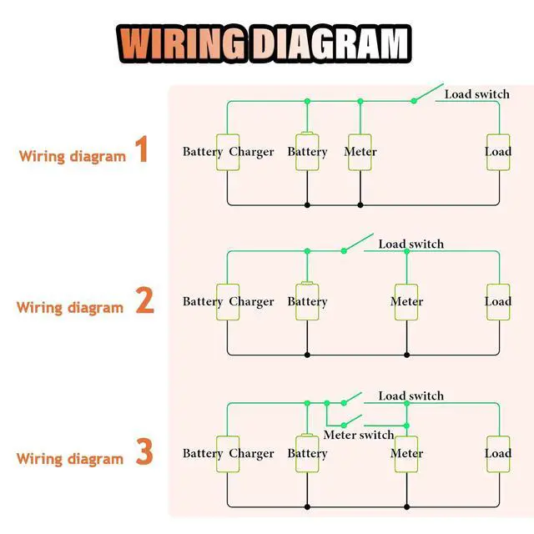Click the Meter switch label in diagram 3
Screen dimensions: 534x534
click(x=359, y=435)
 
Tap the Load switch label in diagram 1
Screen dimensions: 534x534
click(x=477, y=94)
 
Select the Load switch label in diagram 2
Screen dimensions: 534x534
click(x=411, y=244)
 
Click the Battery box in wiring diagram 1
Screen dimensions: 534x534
click(x=307, y=152)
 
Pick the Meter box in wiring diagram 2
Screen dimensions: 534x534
click(x=406, y=302)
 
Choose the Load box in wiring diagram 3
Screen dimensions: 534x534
click(x=498, y=454)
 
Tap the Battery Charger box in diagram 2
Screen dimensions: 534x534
click(x=228, y=302)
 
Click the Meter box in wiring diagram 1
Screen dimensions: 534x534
click(x=360, y=152)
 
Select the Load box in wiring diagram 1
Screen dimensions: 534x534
click(x=498, y=152)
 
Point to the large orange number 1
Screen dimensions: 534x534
click(x=142, y=149)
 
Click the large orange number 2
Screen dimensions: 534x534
click(x=144, y=300)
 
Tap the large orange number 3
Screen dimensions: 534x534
click(x=144, y=451)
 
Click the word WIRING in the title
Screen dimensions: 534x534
click(x=182, y=44)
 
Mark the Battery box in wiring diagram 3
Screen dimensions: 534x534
click(x=307, y=453)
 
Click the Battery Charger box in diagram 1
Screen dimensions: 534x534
click(x=228, y=152)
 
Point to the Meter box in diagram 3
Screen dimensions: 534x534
click(x=406, y=454)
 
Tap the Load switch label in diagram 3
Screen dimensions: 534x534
click(x=411, y=396)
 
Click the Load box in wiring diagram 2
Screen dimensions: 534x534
click(x=498, y=302)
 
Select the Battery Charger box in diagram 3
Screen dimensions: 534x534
click(x=228, y=454)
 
